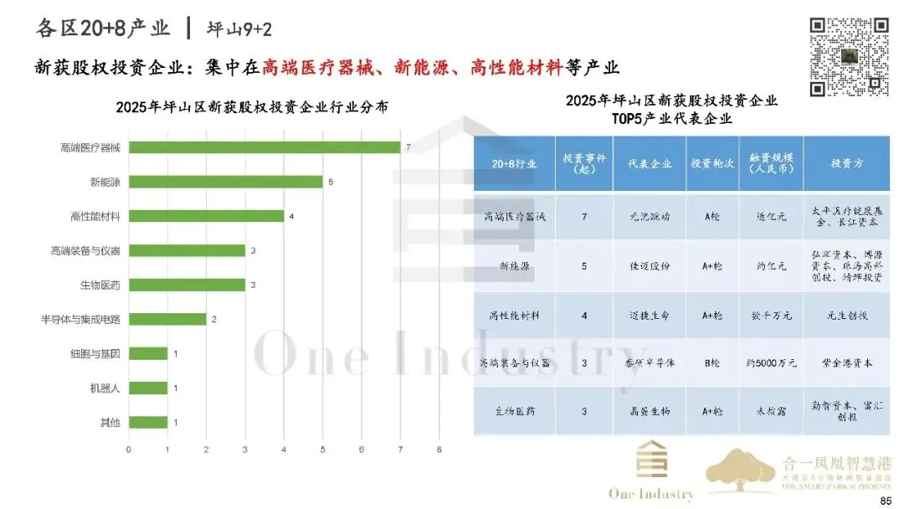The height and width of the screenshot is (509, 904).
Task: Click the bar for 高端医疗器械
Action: pos(265,147)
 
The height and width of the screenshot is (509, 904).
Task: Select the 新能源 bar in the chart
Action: pos(225,182)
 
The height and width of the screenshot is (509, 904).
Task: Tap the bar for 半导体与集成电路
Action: pos(167,319)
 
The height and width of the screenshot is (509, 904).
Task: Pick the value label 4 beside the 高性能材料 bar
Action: pos(291,216)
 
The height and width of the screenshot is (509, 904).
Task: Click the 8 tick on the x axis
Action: pos(439,450)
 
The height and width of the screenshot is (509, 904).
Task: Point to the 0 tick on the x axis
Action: pos(128,450)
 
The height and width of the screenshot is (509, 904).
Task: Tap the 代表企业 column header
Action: pos(650,163)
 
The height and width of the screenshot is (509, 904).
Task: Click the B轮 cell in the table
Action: pos(711,363)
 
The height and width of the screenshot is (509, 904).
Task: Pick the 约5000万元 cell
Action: pos(771,363)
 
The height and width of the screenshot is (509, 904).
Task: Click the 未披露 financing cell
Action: pos(771,411)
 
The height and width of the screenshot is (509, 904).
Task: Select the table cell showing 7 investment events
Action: pos(583,216)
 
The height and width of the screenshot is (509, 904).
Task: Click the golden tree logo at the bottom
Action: pos(742,473)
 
